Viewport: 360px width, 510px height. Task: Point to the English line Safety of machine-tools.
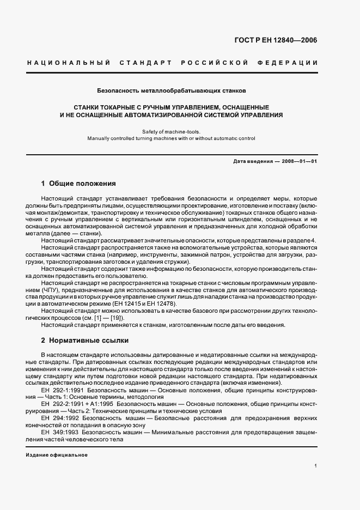pos(171,131)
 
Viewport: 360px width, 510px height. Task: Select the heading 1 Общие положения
pos(78,183)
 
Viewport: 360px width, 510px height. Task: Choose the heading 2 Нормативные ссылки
pos(85,340)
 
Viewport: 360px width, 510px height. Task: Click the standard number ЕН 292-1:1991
pos(61,390)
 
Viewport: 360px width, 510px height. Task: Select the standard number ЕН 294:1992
pos(59,417)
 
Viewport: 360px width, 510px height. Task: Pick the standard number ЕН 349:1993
pos(59,430)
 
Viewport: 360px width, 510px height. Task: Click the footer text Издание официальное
pos(57,454)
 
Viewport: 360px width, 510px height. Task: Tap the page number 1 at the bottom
pos(316,466)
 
